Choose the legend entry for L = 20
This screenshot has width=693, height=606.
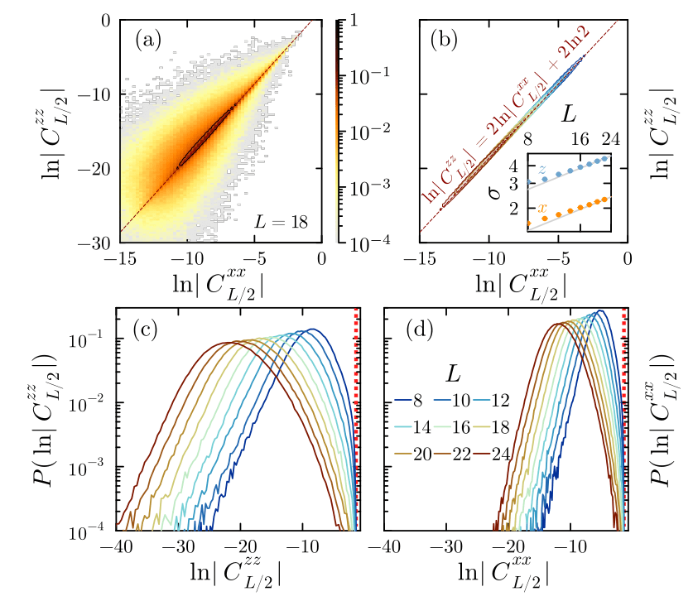click(421, 453)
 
